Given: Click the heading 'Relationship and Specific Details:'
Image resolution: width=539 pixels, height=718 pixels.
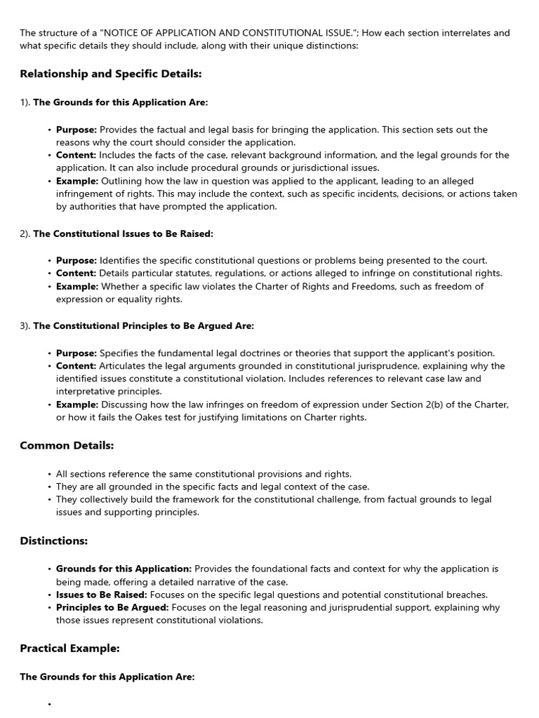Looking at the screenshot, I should pos(111,74).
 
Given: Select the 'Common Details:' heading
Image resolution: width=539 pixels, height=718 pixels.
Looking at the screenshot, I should pos(67,445).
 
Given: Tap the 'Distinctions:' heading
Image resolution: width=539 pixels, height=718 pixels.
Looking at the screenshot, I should pos(54,541).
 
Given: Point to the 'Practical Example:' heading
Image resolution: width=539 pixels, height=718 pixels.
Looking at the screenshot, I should pos(69,649).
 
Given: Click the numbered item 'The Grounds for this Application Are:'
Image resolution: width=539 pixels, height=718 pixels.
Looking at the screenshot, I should pos(121,102).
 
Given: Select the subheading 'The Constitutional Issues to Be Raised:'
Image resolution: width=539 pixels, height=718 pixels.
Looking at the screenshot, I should pos(123,233).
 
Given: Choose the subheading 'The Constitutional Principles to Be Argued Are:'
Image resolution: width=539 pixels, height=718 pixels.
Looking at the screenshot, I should pos(143,326).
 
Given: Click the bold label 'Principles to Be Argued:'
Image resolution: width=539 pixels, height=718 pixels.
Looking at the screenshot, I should pos(112,607).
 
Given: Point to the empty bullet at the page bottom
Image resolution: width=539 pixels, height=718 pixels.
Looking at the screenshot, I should pos(50,704).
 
